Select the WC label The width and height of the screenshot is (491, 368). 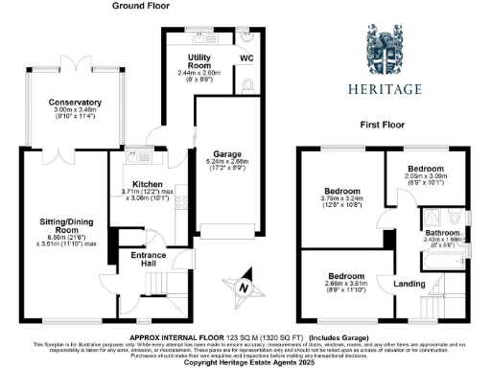click(246, 58)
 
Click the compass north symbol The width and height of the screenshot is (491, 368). click(244, 286)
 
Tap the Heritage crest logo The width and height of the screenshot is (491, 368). click(392, 50)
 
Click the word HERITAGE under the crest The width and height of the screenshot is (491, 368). click(392, 89)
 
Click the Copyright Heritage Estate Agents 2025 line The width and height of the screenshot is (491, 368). click(245, 361)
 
